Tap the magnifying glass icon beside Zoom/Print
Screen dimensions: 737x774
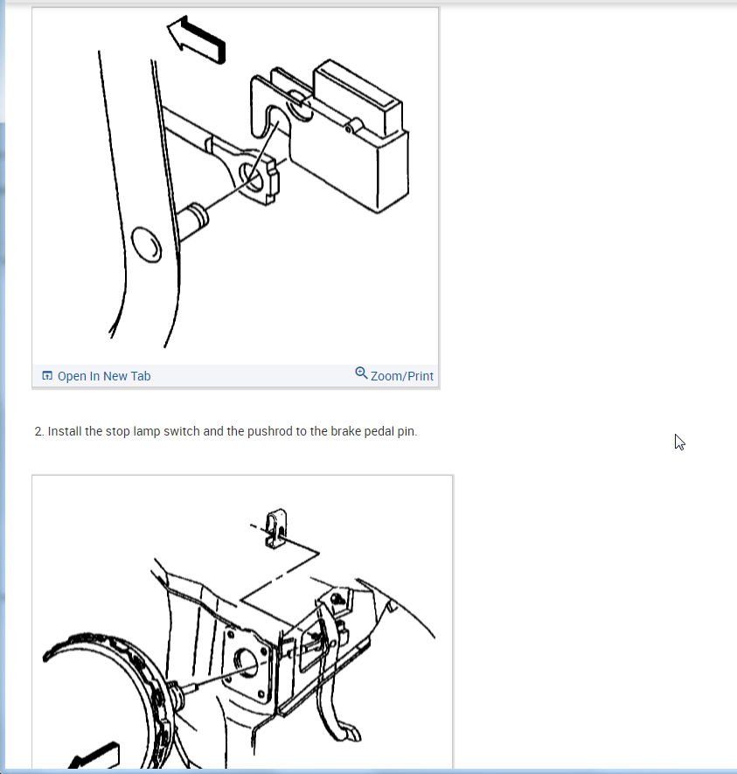pyautogui.click(x=361, y=373)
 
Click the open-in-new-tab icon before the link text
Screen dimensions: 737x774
pyautogui.click(x=47, y=376)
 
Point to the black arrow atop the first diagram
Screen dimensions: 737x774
pyautogui.click(x=197, y=40)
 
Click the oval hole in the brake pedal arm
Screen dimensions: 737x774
pyautogui.click(x=147, y=245)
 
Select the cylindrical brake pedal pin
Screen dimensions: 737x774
pyautogui.click(x=192, y=222)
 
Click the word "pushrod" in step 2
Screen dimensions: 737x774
pyautogui.click(x=270, y=431)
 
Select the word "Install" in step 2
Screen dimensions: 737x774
pyautogui.click(x=65, y=431)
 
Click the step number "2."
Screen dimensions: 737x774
pyautogui.click(x=39, y=431)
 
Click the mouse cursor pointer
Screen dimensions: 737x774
pyautogui.click(x=680, y=443)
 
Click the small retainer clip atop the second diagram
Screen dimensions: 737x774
pyautogui.click(x=275, y=528)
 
